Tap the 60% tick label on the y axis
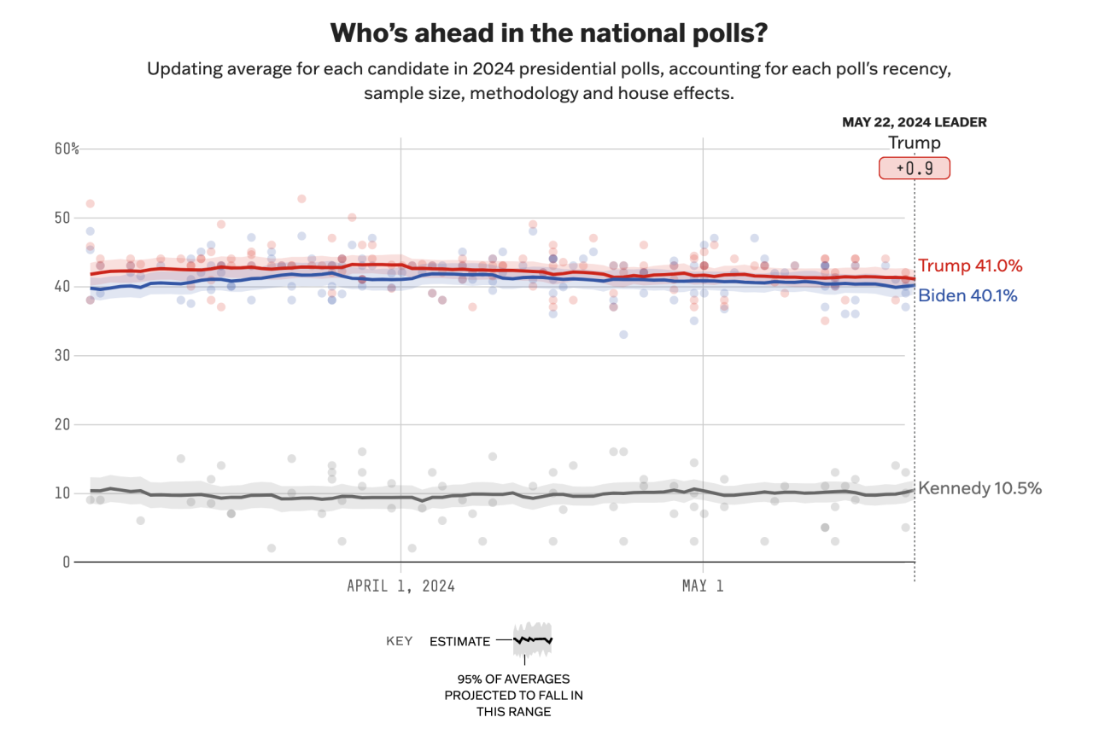(x=67, y=149)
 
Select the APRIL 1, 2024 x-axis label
(x=400, y=586)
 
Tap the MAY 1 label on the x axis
(x=703, y=586)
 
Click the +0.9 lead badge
(x=915, y=168)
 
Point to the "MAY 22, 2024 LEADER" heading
(x=915, y=122)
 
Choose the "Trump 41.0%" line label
(x=970, y=265)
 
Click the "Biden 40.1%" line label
(x=967, y=296)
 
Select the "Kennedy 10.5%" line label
(x=979, y=488)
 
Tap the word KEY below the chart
(x=400, y=641)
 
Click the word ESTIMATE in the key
(x=459, y=641)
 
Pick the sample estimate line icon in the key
(x=533, y=639)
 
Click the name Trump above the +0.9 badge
(x=915, y=143)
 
